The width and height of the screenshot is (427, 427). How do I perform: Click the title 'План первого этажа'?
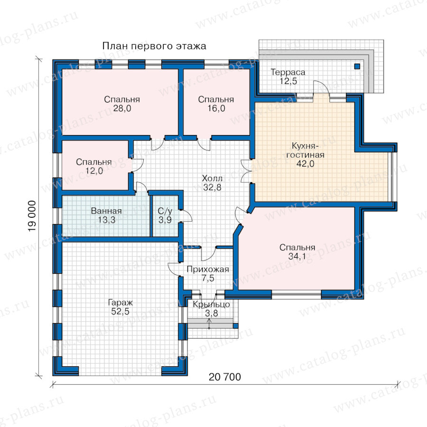154,46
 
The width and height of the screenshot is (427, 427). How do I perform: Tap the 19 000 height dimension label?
32,216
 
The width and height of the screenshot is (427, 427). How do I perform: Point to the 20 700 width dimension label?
225,377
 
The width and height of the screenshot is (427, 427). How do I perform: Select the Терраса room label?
288,72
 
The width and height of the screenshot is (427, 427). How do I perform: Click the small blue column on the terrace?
357,66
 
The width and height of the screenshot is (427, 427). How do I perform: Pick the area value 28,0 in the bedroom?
122,108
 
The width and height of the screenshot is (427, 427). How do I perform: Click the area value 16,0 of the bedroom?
216,108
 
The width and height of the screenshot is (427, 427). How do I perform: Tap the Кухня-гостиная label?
305,150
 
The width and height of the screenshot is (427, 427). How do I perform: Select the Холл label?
212,178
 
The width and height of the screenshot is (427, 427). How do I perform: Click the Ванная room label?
106,211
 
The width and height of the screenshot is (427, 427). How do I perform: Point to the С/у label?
165,211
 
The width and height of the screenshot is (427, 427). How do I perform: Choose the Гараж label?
121,302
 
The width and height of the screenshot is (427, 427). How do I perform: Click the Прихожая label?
208,269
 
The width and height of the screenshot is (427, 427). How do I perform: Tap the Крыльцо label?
211,305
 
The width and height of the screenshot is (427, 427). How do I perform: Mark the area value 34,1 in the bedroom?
297,256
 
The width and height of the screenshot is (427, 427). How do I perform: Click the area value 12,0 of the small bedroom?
94,171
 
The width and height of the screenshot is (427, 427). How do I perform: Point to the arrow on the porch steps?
209,324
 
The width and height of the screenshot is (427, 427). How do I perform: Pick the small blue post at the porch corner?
235,326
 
